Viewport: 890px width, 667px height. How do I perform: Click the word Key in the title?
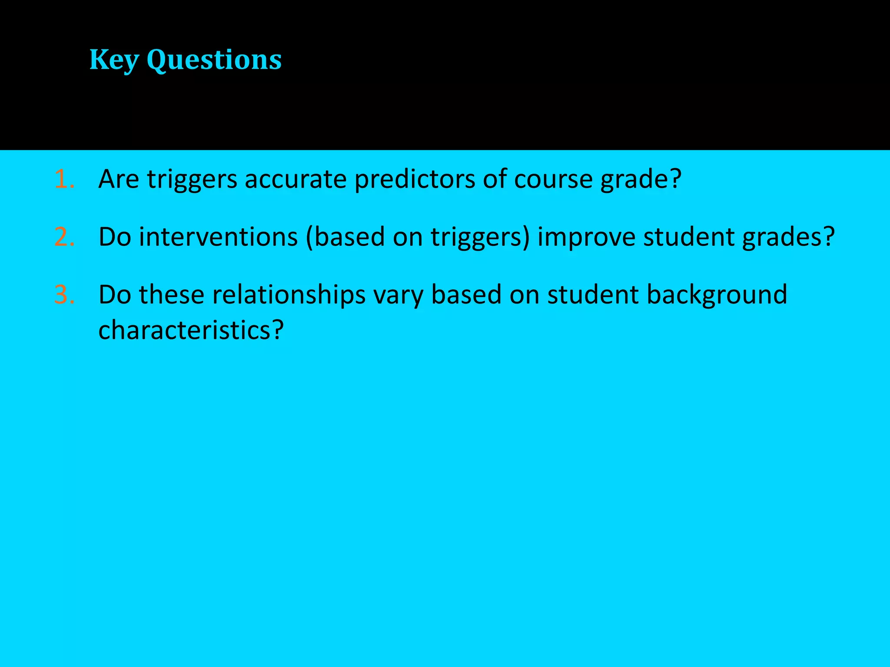coord(114,60)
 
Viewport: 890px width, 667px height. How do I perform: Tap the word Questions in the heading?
coord(214,60)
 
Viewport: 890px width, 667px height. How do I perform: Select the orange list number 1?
coord(64,179)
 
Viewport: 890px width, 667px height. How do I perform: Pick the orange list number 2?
coord(64,237)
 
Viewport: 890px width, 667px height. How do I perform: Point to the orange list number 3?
coord(64,295)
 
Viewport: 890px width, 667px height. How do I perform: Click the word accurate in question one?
coord(295,179)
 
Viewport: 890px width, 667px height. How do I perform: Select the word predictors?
coord(415,179)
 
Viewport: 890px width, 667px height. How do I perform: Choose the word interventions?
coord(218,237)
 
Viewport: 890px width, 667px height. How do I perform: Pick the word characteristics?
coord(191,330)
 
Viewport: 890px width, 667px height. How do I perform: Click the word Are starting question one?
coord(119,179)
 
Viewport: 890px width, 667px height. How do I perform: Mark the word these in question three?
coord(171,295)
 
